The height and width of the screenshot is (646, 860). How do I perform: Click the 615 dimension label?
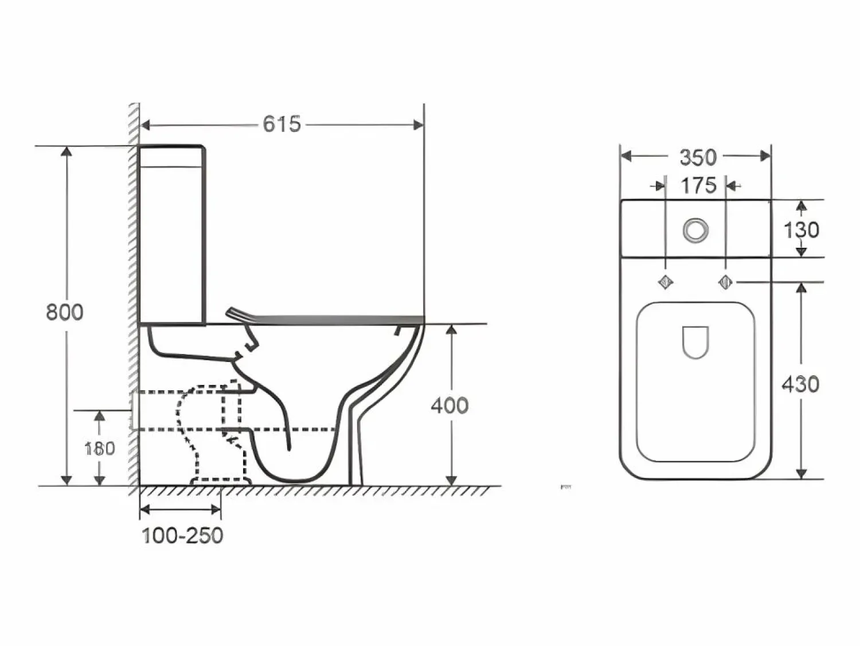click(x=282, y=124)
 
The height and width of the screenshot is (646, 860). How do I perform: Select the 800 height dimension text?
click(x=65, y=313)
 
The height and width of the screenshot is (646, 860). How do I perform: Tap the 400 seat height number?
click(x=450, y=406)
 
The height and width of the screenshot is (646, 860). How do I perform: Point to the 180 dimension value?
click(x=100, y=449)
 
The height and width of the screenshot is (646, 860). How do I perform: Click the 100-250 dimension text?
click(x=182, y=535)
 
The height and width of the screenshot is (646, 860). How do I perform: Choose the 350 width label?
click(x=698, y=157)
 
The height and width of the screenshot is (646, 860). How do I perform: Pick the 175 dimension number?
click(x=699, y=185)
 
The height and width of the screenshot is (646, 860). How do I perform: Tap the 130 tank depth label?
click(x=801, y=229)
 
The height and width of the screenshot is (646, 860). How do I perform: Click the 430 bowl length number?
click(x=800, y=384)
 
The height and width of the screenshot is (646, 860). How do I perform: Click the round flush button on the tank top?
click(x=696, y=229)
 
